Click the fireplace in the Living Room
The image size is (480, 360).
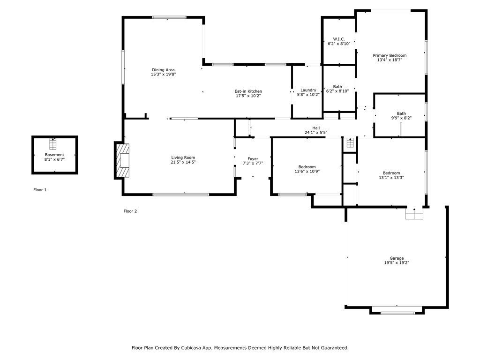tap(123, 160)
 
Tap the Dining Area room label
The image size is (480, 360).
tap(163, 70)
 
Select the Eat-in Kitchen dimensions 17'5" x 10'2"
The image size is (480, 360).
tap(248, 96)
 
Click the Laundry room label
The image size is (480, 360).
tap(308, 90)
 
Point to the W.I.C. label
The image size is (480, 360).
tap(339, 39)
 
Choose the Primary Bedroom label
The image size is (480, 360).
tap(390, 55)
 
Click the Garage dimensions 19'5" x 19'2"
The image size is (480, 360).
tap(397, 262)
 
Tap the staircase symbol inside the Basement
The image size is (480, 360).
tap(53, 144)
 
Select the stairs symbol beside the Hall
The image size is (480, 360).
tap(350, 142)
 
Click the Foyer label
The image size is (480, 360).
tap(253, 158)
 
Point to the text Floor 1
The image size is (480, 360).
tap(40, 190)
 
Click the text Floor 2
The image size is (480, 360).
tap(130, 211)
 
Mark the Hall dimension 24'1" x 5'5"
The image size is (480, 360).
tap(316, 133)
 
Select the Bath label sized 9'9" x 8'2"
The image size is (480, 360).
tap(401, 113)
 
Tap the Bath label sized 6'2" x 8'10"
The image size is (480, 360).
tap(337, 87)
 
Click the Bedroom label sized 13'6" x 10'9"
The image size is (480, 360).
tap(307, 167)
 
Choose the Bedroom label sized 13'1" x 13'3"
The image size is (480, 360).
tap(391, 173)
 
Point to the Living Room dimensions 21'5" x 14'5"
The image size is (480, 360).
tap(183, 162)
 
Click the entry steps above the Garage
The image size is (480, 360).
tap(414, 214)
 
